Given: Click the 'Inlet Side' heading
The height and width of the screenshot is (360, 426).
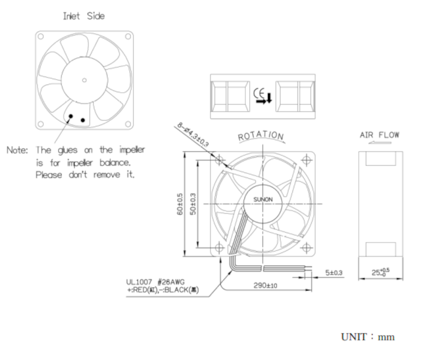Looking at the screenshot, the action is coord(83,16).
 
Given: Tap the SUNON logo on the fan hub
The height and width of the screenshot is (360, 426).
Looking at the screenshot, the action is coord(263,199).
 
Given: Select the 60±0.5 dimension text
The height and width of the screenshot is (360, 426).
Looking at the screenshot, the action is coord(180,204).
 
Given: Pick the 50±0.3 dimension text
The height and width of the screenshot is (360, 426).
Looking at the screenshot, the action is coord(193,204).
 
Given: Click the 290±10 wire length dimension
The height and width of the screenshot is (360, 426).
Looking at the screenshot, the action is coord(265,285).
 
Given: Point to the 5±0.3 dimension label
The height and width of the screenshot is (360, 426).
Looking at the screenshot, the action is coord(334,273).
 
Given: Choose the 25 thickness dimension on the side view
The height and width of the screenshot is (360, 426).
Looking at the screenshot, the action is coord(380,272).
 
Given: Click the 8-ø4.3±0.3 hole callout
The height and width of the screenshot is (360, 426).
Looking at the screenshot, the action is coord(193,135).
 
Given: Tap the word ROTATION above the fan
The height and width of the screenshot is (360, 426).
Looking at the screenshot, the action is coord(261,135).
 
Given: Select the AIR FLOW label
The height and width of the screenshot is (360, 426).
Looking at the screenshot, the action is coord(380,135).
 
